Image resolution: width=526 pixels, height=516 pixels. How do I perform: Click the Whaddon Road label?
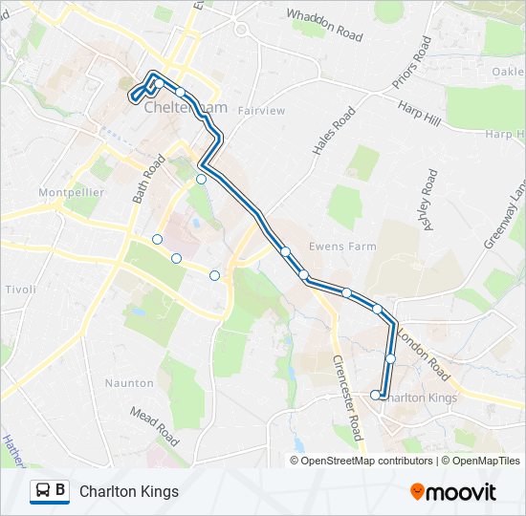pos(324,26)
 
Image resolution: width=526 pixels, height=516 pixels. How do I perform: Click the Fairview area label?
pos(262,111)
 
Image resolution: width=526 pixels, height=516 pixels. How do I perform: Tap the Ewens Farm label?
pos(341,247)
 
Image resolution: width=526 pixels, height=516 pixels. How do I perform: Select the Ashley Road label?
pos(427,199)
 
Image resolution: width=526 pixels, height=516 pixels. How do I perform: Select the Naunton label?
pos(128,383)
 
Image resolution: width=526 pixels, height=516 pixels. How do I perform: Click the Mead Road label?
pos(154,426)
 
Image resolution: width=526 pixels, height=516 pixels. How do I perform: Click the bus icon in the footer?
pos(42,491)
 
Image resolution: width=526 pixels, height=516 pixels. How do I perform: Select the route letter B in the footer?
pos(60,491)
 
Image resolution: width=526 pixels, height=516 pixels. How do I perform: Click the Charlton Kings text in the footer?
pos(129,492)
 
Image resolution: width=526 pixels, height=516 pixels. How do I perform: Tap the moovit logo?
pos(453,492)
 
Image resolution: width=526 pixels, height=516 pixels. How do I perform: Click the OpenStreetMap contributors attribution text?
pos(367,461)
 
